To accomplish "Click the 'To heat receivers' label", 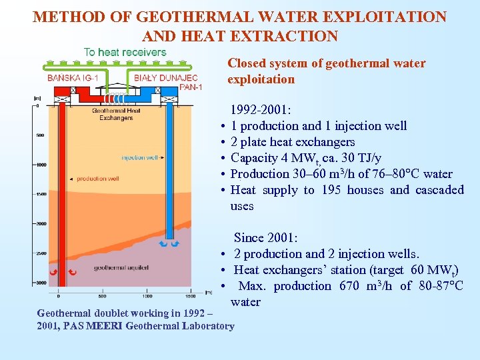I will (125, 52).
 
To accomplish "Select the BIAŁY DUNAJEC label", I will (165, 78).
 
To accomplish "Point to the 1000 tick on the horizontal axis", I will (147, 295).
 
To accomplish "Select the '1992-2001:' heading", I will (261, 110).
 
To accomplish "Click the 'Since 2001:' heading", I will (265, 238).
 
